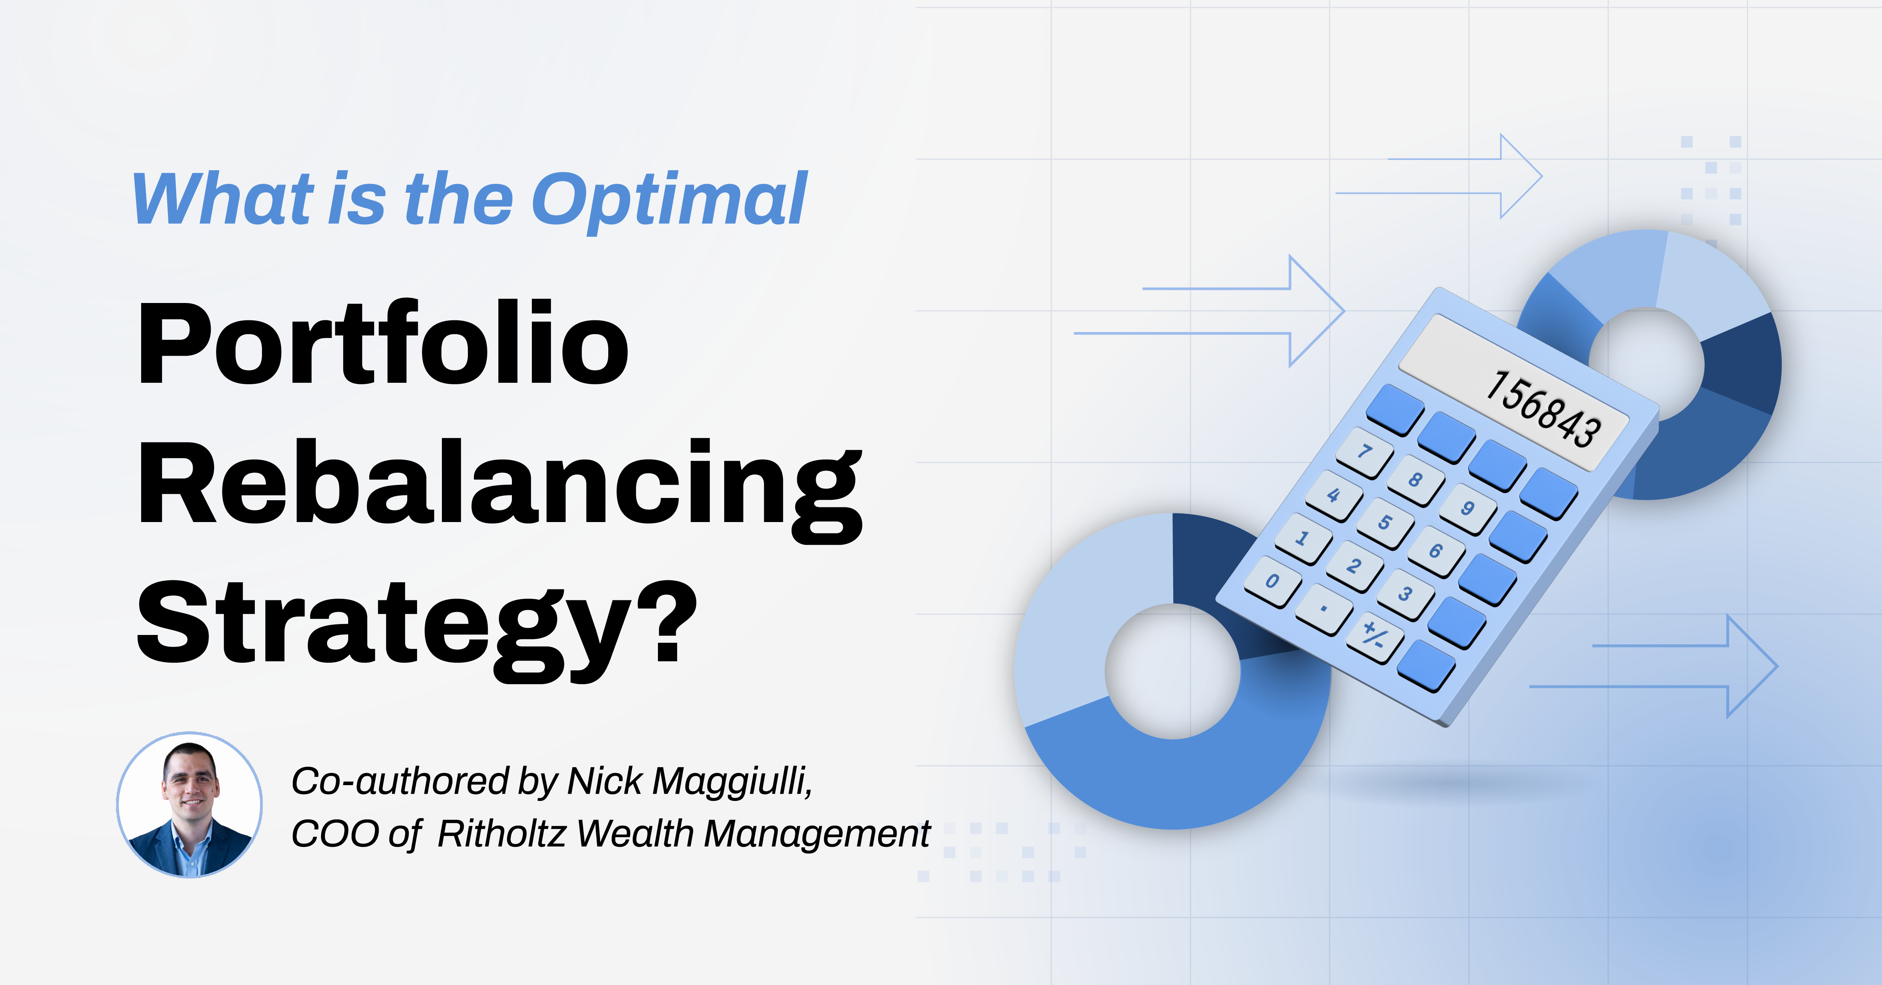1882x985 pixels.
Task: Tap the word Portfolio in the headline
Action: click(383, 343)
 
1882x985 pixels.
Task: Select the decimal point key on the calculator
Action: click(1323, 609)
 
